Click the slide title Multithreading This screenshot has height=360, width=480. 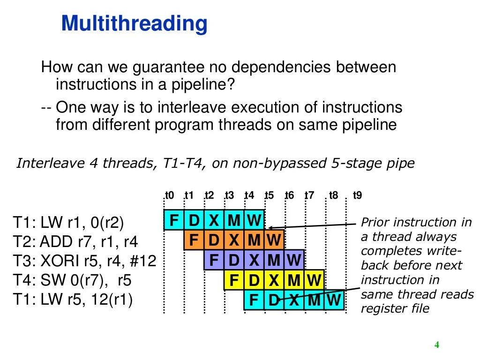134,24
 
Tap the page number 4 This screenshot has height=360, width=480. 437,345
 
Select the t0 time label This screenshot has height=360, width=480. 170,195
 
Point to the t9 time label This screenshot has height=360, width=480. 357,195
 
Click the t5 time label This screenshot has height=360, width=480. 269,195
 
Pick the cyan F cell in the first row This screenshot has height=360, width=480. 174,220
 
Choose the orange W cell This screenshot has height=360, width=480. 274,240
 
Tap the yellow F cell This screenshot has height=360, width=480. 234,280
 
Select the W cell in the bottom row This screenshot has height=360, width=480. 334,300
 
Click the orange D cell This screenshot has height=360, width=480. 214,240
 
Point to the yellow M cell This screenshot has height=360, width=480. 294,280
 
